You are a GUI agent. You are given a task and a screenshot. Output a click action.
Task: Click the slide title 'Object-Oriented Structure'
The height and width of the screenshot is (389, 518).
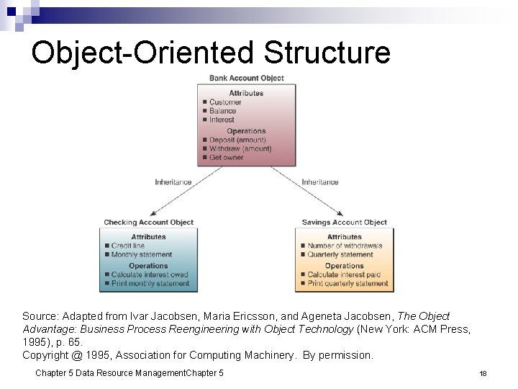click(211, 53)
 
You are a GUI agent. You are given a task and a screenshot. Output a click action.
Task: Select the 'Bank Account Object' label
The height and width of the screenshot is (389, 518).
click(246, 78)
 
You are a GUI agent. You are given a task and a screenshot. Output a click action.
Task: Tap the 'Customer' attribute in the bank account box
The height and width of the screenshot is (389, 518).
click(225, 102)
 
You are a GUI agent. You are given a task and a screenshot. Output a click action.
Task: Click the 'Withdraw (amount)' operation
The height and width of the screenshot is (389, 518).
click(240, 148)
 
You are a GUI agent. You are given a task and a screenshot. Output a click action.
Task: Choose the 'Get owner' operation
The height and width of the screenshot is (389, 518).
click(227, 157)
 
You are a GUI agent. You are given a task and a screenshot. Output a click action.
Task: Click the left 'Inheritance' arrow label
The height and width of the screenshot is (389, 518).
click(173, 182)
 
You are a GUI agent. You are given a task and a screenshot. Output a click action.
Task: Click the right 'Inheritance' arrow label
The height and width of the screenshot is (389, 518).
click(320, 182)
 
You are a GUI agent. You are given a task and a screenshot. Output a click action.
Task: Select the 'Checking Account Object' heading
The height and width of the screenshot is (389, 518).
click(148, 223)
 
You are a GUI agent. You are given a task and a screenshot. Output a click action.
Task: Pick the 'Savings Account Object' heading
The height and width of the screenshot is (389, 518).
click(344, 223)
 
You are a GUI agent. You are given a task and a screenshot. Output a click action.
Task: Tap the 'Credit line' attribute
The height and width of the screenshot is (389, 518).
click(127, 246)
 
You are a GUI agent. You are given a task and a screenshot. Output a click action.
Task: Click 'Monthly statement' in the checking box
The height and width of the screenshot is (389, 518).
click(141, 254)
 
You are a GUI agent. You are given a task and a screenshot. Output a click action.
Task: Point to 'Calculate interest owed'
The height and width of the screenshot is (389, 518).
click(149, 274)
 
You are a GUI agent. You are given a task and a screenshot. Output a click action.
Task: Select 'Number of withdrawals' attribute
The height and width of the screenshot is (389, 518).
click(345, 246)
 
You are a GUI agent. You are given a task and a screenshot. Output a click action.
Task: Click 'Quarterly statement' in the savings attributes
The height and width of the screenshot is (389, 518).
click(340, 254)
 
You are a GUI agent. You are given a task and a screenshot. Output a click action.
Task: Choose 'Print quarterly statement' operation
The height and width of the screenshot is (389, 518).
click(347, 283)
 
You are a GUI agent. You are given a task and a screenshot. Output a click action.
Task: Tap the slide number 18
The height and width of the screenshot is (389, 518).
click(483, 373)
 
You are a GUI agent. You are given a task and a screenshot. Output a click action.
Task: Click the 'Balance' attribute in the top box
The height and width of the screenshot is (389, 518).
click(222, 111)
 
